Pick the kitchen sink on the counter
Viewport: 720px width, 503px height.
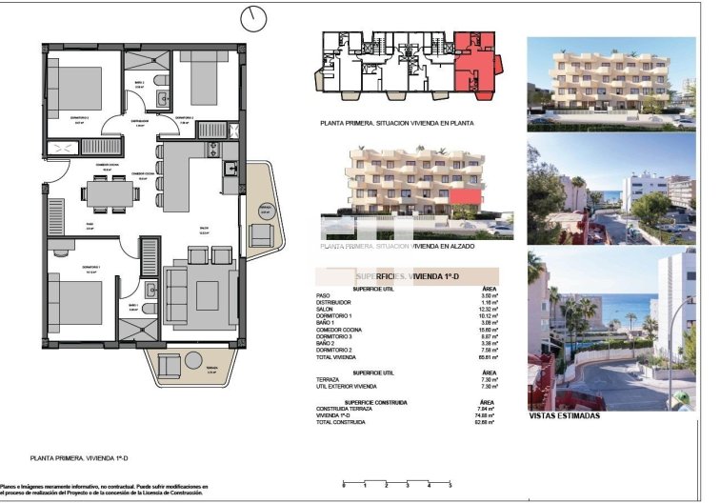point(230,169)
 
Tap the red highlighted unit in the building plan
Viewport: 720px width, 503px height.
point(475,66)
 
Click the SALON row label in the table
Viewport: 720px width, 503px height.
point(324,309)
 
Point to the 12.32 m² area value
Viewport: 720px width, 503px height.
point(490,309)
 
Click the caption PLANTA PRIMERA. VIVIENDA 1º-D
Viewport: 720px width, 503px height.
point(74,458)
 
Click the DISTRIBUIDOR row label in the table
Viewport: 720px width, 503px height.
point(332,302)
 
